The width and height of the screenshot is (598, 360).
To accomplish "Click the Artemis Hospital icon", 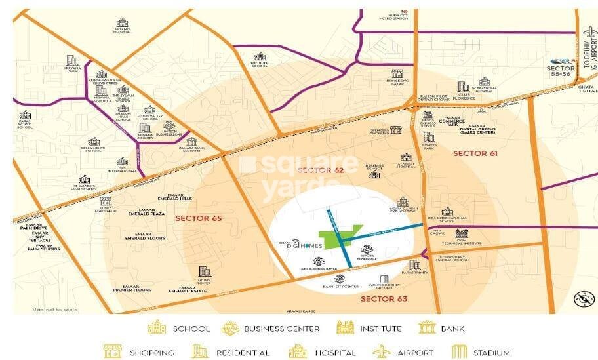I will [121, 22].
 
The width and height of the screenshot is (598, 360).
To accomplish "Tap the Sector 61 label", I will [475, 153].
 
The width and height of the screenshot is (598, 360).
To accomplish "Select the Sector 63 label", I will [384, 299].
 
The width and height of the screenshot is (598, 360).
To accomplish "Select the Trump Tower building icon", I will [205, 271].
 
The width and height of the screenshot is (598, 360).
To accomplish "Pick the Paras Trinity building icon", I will [414, 264].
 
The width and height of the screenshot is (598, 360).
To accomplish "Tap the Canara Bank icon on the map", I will [191, 142].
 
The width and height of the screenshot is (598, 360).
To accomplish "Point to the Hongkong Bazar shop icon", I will [397, 74].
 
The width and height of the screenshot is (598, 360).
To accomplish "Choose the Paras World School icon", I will [25, 115].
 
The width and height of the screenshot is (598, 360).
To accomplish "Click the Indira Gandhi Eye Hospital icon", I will [403, 202].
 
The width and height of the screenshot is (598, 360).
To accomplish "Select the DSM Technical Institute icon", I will [462, 233].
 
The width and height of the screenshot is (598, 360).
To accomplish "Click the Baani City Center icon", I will [340, 279].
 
